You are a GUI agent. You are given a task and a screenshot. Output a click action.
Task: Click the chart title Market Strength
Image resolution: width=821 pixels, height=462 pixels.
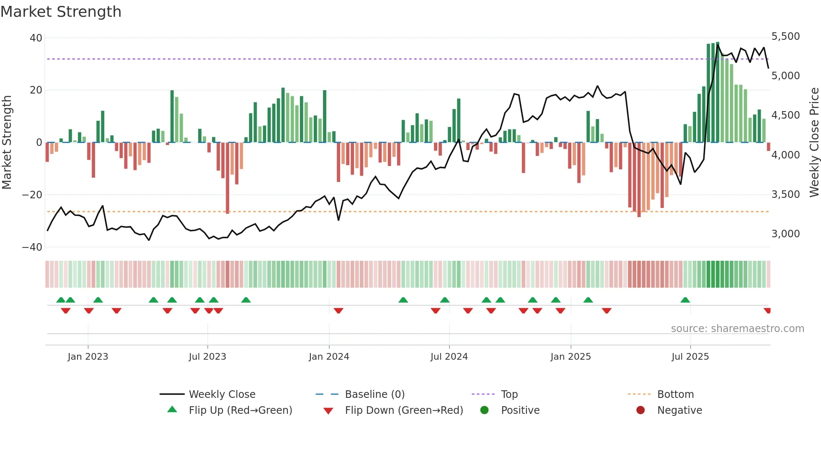pyautogui.click(x=61, y=12)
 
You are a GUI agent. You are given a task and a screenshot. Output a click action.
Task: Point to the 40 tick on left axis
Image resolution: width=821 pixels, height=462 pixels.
pyautogui.click(x=36, y=38)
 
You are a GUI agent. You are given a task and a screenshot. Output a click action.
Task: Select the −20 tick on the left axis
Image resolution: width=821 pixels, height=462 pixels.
pyautogui.click(x=32, y=195)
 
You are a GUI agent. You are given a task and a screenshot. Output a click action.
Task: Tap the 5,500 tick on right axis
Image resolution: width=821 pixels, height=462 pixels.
pyautogui.click(x=785, y=36)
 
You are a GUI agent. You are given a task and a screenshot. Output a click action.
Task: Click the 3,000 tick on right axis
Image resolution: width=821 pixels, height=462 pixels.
pyautogui.click(x=785, y=234)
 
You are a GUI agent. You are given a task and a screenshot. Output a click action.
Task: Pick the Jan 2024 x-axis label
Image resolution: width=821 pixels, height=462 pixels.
pyautogui.click(x=329, y=357)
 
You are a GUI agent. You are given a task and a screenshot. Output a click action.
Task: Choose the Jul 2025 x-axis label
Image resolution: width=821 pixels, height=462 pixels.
pyautogui.click(x=690, y=357)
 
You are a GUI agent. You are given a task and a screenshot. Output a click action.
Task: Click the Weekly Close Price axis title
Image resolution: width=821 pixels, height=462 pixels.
pyautogui.click(x=814, y=143)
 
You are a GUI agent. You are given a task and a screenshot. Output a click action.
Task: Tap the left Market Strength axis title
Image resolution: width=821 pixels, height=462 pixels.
pyautogui.click(x=7, y=143)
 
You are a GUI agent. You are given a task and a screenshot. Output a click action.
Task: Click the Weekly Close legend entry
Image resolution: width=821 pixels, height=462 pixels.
pyautogui.click(x=222, y=395)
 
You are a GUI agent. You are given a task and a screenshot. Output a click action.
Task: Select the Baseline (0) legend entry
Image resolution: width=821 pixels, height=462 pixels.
pyautogui.click(x=374, y=395)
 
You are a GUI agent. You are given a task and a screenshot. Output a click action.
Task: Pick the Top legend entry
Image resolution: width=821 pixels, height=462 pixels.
pyautogui.click(x=509, y=395)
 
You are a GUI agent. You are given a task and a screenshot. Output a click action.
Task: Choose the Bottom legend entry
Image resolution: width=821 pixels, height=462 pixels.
pyautogui.click(x=675, y=395)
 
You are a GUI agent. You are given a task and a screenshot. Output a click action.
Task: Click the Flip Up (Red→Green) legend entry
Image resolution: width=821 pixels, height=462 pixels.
pyautogui.click(x=240, y=410)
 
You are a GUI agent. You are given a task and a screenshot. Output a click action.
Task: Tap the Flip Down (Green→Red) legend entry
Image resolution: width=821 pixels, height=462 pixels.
pyautogui.click(x=404, y=410)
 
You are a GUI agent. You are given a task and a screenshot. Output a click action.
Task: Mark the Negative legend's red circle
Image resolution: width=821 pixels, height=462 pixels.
pyautogui.click(x=640, y=410)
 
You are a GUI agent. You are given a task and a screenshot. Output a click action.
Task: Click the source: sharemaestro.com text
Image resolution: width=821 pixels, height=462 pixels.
pyautogui.click(x=737, y=329)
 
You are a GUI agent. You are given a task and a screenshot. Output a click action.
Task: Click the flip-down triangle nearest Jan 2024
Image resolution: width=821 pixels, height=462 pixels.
pyautogui.click(x=338, y=311)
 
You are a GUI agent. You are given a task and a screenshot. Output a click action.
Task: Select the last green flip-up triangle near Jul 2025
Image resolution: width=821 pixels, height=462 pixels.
pyautogui.click(x=685, y=300)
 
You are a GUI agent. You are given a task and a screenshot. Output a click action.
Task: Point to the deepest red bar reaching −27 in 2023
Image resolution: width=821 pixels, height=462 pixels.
pyautogui.click(x=227, y=178)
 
